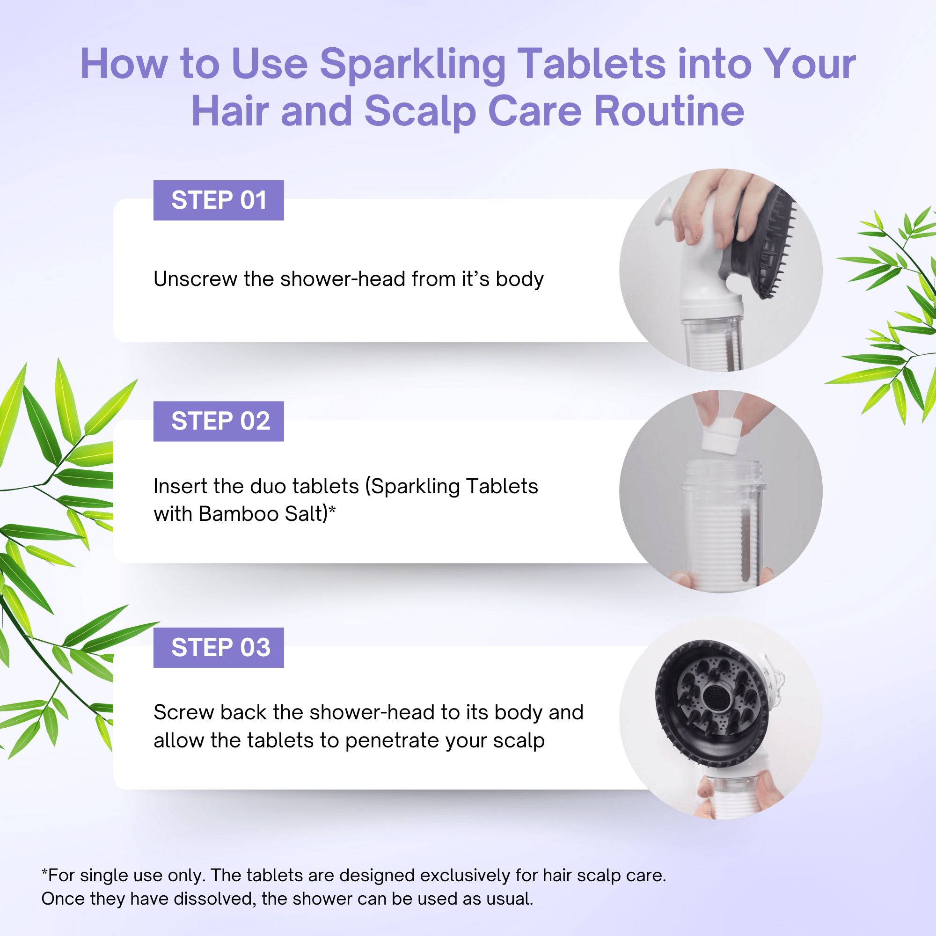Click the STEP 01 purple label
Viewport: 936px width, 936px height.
point(219,200)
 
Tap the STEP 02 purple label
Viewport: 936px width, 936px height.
point(219,421)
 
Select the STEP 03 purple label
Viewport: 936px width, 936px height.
point(219,647)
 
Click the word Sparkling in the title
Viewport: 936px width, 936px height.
point(412,66)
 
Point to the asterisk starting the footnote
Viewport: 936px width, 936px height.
point(44,874)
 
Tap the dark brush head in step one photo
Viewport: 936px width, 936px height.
point(766,242)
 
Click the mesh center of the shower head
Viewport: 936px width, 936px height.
point(714,698)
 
